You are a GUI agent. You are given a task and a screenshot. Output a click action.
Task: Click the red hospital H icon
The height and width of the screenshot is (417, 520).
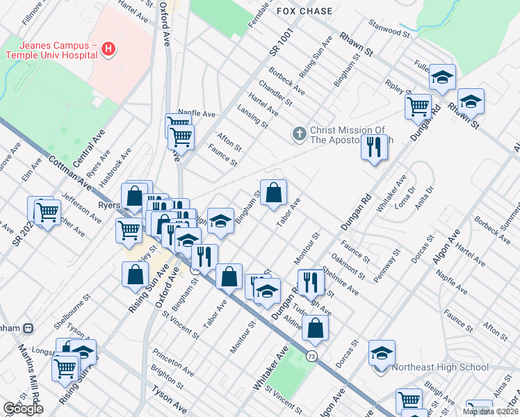pyautogui.click(x=108, y=49)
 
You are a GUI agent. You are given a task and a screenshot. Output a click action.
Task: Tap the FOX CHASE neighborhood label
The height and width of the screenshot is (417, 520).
pyautogui.click(x=304, y=11)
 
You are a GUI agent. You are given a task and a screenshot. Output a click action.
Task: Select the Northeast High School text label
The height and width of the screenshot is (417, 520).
pyautogui.click(x=440, y=367)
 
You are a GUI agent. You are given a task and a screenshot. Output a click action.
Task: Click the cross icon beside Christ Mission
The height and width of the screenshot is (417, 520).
pyautogui.click(x=300, y=133)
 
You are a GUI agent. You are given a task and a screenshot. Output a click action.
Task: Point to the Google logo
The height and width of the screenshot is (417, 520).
pyautogui.click(x=23, y=409)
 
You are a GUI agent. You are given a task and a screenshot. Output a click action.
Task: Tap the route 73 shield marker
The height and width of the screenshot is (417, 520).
pyautogui.click(x=311, y=356)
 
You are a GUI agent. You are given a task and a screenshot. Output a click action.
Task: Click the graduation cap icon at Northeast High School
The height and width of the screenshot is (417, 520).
pyautogui.click(x=382, y=353)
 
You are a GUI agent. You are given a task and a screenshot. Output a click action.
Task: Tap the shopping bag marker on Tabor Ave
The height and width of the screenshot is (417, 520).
pyautogui.click(x=274, y=191)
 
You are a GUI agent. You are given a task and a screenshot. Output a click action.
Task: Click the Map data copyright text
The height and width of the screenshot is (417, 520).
pyautogui.click(x=489, y=411)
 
